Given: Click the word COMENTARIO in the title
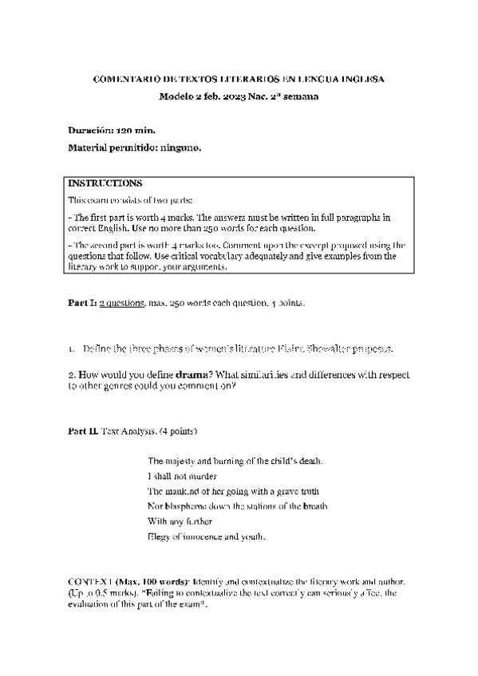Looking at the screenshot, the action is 124,80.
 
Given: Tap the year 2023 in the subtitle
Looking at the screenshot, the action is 235,96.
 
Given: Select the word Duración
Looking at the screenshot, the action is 92,130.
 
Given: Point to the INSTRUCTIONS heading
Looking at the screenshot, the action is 105,183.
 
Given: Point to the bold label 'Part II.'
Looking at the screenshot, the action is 83,430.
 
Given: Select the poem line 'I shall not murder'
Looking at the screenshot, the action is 183,476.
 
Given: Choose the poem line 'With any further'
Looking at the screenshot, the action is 180,521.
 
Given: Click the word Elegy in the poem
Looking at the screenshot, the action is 158,536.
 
